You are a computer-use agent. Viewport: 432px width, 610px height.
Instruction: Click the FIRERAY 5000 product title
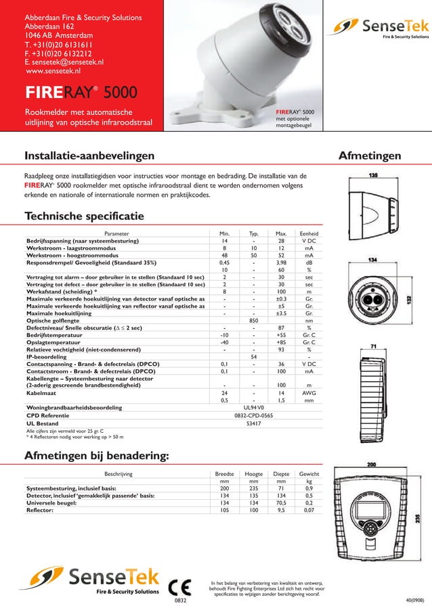[x=82, y=93]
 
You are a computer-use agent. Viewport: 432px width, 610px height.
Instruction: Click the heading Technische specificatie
[x=84, y=216]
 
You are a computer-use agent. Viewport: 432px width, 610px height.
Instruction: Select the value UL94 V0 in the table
[x=253, y=408]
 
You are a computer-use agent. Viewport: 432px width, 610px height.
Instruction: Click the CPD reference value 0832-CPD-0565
[x=253, y=416]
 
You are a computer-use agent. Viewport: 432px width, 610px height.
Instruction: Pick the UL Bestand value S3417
[x=253, y=424]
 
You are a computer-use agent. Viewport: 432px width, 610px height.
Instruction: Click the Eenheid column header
[x=309, y=233]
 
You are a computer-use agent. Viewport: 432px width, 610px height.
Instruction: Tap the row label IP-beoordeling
[x=51, y=356]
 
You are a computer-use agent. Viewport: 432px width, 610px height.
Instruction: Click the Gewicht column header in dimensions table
[x=309, y=475]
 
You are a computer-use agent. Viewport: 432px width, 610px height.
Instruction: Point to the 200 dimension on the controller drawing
[x=372, y=465]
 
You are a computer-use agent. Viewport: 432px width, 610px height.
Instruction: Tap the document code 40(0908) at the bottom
[x=415, y=600]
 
